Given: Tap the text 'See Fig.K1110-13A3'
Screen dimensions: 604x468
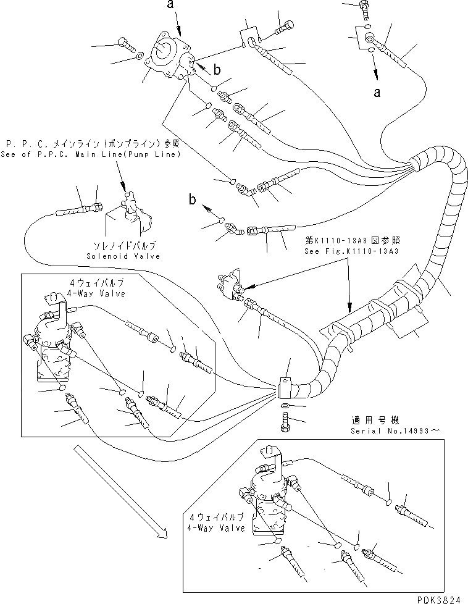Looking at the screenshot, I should click(x=350, y=251).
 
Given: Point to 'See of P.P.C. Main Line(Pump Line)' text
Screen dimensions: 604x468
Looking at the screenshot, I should click(x=91, y=154).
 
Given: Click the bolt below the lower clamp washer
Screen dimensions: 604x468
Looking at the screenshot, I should click(x=285, y=424).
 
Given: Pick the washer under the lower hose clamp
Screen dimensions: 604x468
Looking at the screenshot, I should click(x=284, y=406).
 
